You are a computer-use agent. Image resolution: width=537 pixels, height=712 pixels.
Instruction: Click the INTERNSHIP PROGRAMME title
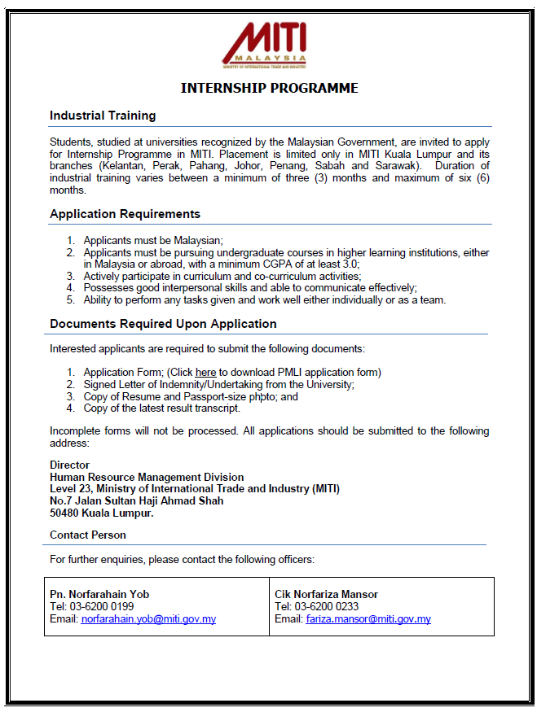coord(269,88)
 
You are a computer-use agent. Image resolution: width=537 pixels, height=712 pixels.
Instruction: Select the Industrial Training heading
coord(103,116)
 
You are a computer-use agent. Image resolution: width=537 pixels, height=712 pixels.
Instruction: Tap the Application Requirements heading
coord(125,214)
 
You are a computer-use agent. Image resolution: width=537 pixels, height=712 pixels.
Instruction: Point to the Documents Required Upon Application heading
coord(163,324)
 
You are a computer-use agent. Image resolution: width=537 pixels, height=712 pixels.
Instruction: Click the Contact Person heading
coord(88,535)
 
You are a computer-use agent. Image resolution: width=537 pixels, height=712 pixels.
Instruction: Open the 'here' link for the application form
coord(205,373)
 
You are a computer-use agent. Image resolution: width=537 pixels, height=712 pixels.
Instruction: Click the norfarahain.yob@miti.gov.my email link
coord(148,619)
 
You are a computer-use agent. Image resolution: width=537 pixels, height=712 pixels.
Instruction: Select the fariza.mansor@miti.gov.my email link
coord(368,619)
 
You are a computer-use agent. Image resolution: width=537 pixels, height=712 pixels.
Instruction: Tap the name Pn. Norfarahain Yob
coord(99,594)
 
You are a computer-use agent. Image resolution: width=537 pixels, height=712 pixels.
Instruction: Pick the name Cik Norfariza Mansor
coord(327,594)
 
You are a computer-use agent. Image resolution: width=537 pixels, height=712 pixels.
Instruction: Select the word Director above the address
coord(70,465)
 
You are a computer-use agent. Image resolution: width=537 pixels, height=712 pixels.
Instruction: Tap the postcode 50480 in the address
coord(66,513)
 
